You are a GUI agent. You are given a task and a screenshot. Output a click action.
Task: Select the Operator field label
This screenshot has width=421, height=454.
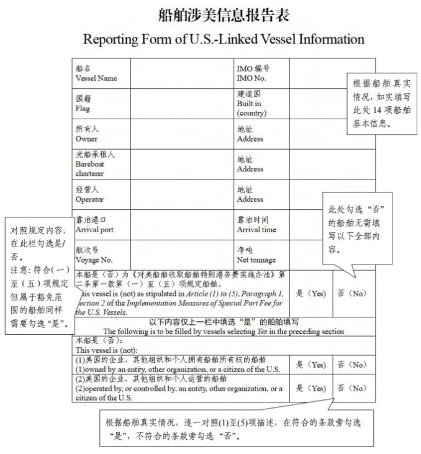pyautogui.click(x=89, y=194)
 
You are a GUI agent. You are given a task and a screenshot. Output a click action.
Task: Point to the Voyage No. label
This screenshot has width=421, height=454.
pyautogui.click(x=94, y=255)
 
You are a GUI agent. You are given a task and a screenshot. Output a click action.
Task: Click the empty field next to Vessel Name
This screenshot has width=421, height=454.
pyautogui.click(x=182, y=74)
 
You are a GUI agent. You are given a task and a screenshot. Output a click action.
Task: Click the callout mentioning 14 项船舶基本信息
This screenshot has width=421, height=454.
pyautogui.click(x=378, y=102)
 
